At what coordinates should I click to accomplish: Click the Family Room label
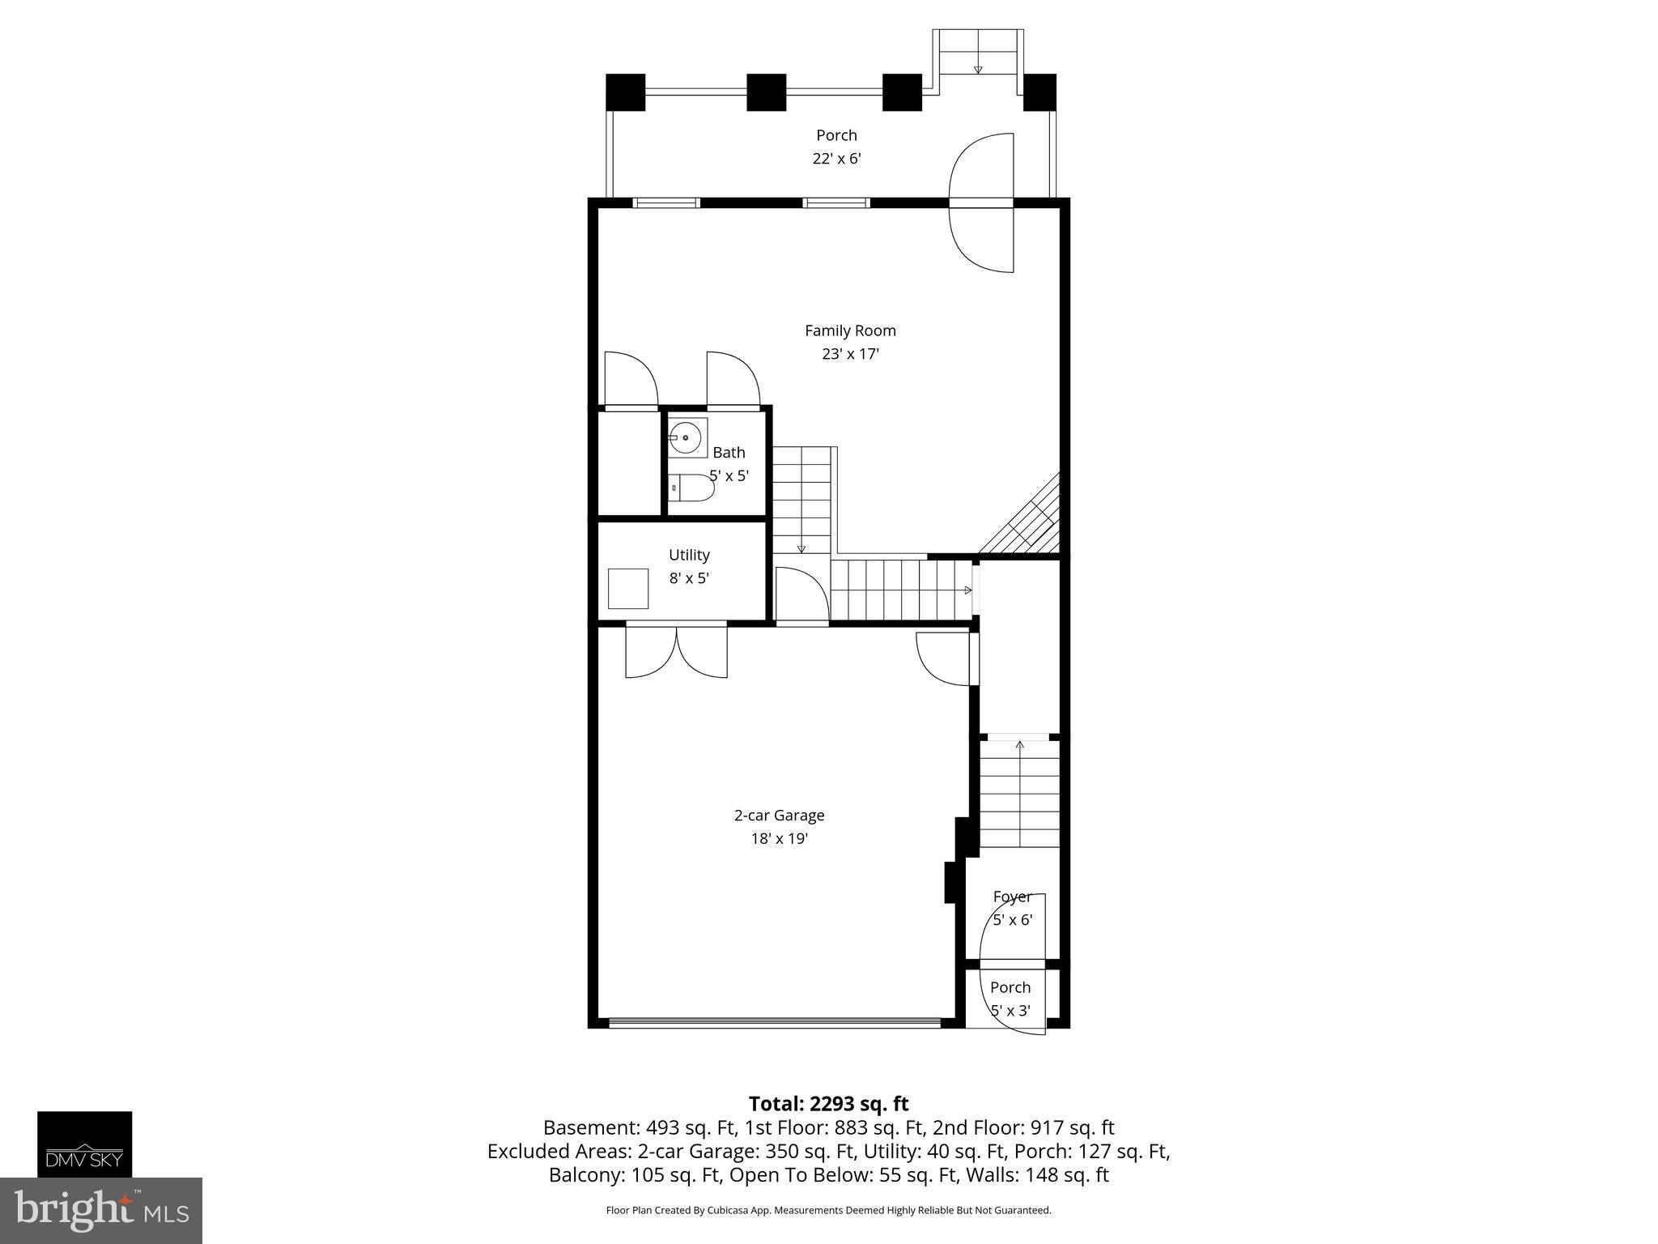(849, 330)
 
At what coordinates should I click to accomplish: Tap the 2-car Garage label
(779, 816)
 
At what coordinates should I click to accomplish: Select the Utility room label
(689, 555)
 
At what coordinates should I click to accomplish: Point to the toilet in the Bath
(694, 488)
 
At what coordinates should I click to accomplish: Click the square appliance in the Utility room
(628, 588)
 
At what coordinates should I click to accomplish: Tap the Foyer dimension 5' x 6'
(1013, 920)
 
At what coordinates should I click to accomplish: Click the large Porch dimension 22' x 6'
(836, 159)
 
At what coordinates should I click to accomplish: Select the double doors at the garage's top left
(676, 651)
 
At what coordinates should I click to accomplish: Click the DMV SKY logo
(84, 1144)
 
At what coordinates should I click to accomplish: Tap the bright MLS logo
(101, 1211)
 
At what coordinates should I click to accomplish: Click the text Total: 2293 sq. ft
(828, 1104)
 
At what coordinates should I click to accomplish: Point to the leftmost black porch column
(625, 92)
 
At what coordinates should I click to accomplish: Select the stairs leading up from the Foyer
(1019, 794)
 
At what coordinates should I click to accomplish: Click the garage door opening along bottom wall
(774, 1023)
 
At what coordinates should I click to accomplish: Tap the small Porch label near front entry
(1010, 987)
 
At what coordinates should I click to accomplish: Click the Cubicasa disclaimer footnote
(828, 1210)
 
